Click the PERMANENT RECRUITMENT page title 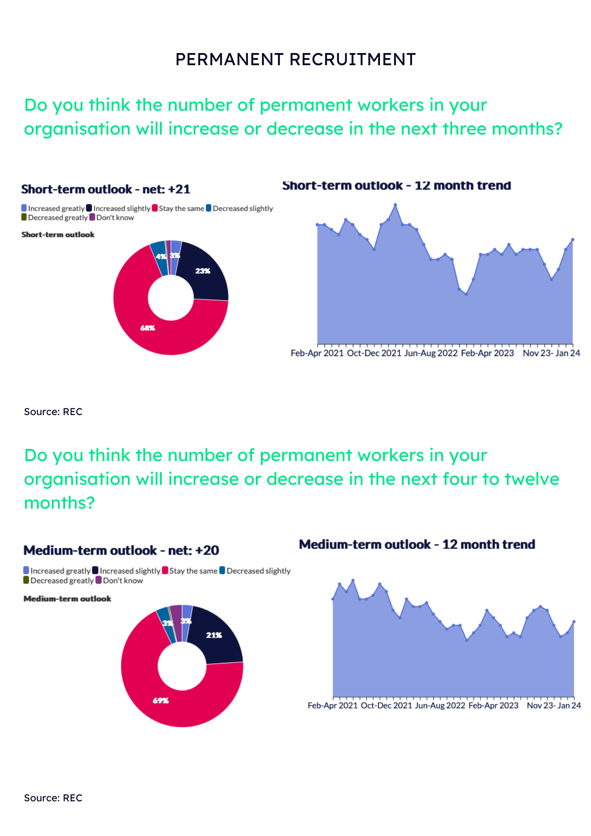(295, 59)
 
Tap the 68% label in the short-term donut (147, 328)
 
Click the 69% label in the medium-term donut (160, 701)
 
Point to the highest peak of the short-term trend (395, 205)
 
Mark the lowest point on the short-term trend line (466, 294)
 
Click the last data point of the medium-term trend (574, 622)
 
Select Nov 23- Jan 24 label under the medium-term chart (553, 706)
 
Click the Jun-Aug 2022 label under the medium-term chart (440, 706)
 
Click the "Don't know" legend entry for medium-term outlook (122, 581)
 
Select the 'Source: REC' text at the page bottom (53, 798)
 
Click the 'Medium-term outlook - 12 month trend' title (417, 544)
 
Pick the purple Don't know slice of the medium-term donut (176, 623)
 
